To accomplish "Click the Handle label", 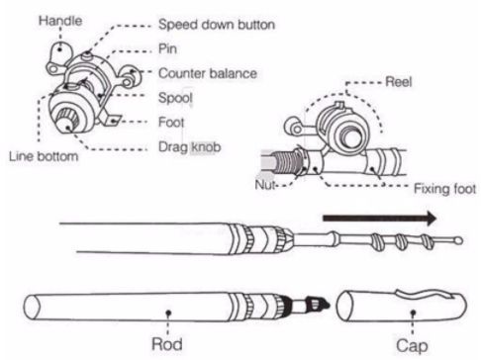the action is [60, 21].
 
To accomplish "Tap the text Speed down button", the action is [217, 25].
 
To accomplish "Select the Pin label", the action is [167, 48].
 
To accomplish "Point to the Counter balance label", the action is [208, 73].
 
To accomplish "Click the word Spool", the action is [175, 98].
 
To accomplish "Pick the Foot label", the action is [171, 122].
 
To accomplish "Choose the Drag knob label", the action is [190, 147].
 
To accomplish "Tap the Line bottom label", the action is [44, 156].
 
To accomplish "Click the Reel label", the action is [399, 81].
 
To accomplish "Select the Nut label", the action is [265, 185].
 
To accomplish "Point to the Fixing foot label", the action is [444, 189].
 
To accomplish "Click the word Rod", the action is [167, 344].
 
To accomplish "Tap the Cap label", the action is [412, 345].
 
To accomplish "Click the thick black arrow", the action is [379, 218].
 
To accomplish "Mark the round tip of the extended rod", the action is [458, 240].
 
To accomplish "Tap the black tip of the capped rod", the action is [318, 305].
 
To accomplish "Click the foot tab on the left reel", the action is [111, 120].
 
